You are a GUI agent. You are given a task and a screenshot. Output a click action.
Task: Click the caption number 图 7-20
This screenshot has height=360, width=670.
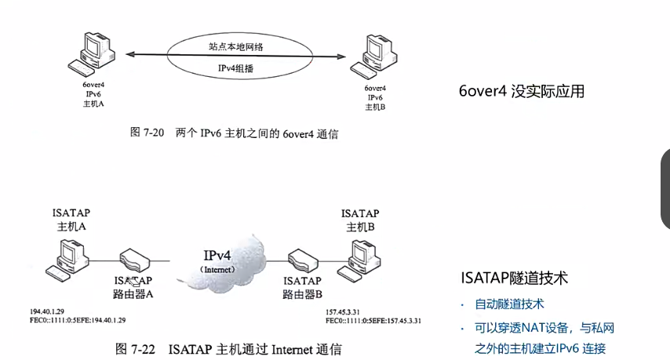point(146,133)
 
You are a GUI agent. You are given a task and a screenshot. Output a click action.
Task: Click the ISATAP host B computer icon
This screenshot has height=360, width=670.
point(365,256)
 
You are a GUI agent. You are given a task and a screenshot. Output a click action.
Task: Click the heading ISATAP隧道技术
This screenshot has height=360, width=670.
point(513,278)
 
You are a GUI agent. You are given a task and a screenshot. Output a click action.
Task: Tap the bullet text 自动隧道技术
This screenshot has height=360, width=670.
point(510,304)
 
